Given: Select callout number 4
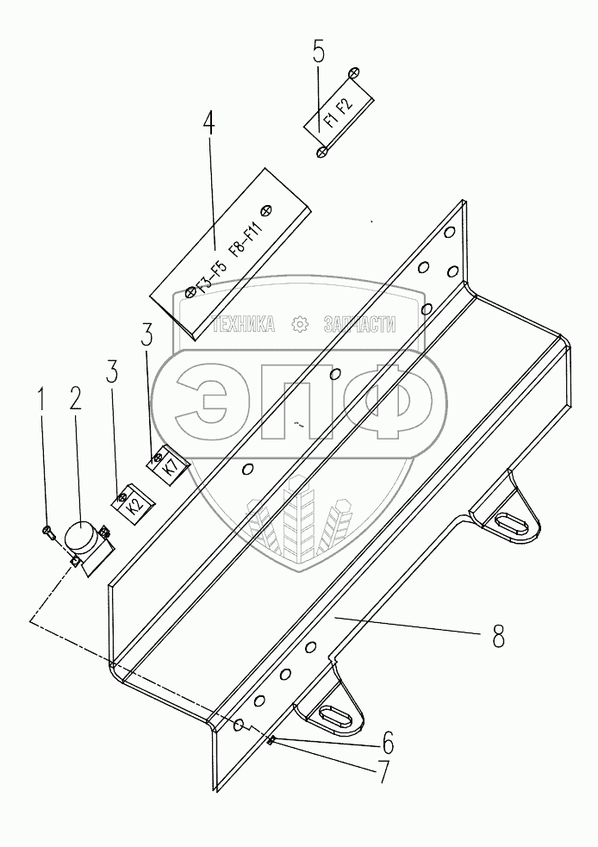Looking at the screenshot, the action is (209, 124).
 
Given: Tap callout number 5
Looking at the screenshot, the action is (319, 53).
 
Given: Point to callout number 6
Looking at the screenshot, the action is (388, 744).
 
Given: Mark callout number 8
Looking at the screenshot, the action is (498, 636).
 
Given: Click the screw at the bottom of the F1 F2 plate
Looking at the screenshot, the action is (322, 152).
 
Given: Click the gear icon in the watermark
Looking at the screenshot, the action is (299, 324).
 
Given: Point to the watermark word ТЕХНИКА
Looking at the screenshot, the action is (243, 324).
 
